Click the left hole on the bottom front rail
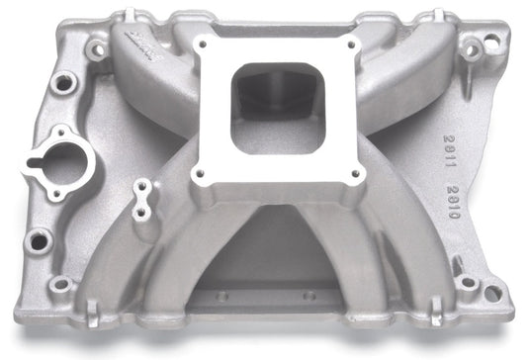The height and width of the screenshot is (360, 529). (x=221, y=295)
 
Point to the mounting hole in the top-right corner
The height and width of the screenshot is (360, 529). (x=472, y=47)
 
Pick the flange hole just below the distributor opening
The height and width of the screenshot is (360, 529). (x=40, y=237)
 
